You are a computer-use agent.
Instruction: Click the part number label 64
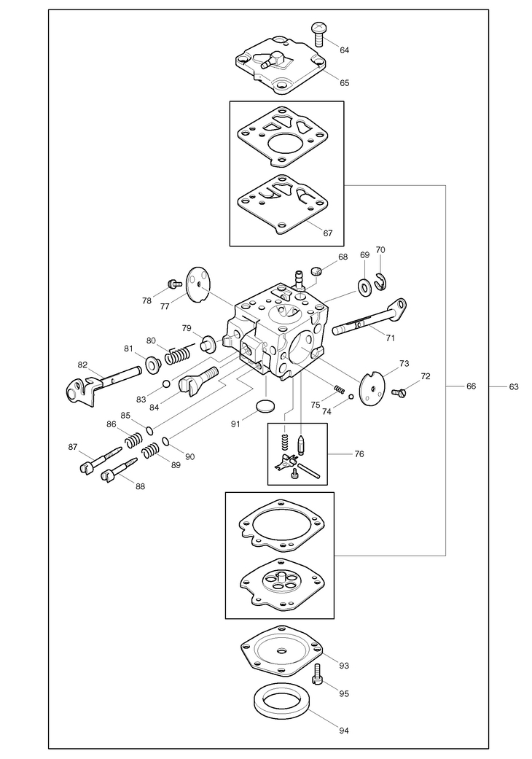click(344, 50)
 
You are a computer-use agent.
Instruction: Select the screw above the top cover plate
click(318, 30)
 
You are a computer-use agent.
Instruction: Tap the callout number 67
click(328, 233)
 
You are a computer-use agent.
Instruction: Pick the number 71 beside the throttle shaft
click(391, 338)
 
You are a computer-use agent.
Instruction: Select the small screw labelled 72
click(398, 393)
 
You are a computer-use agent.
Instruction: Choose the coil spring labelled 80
click(178, 355)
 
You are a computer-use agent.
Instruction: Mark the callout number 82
click(82, 365)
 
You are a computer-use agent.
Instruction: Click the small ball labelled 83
click(166, 384)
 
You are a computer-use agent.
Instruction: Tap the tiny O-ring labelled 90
click(167, 441)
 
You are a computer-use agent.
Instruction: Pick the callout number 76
click(359, 454)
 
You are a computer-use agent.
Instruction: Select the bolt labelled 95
click(318, 677)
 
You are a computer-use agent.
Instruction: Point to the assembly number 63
click(514, 386)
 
